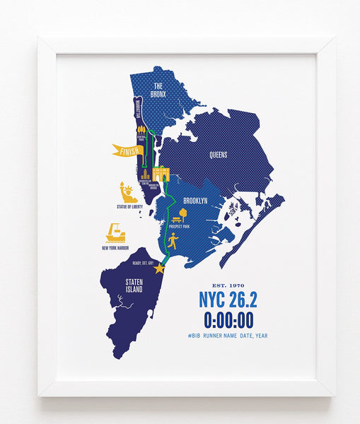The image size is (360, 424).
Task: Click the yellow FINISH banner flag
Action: [x=128, y=151]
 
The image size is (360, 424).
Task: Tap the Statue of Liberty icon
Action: [x=127, y=192]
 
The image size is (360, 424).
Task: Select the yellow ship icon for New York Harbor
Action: [x=115, y=233]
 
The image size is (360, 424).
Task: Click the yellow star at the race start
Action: [x=158, y=269]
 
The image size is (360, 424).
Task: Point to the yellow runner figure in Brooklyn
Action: [x=172, y=240]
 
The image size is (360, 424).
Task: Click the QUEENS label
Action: [x=218, y=154]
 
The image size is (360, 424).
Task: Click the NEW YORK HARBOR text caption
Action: [x=118, y=248]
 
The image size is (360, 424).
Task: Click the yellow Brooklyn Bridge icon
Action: [x=163, y=171]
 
